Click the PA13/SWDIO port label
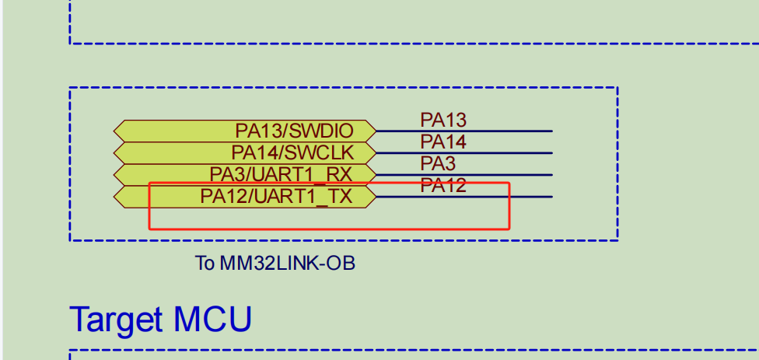tap(294, 131)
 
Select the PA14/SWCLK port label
tap(292, 152)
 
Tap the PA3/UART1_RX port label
tap(281, 174)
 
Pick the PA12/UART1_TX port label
tap(276, 196)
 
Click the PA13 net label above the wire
tap(443, 120)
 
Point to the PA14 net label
tap(443, 142)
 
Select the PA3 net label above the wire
tap(438, 163)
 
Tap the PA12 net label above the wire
tap(443, 185)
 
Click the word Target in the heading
tap(117, 320)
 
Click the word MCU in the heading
tap(212, 320)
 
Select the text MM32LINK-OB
tap(287, 264)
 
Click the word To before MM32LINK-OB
tap(205, 264)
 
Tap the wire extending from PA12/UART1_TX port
tap(529, 197)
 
